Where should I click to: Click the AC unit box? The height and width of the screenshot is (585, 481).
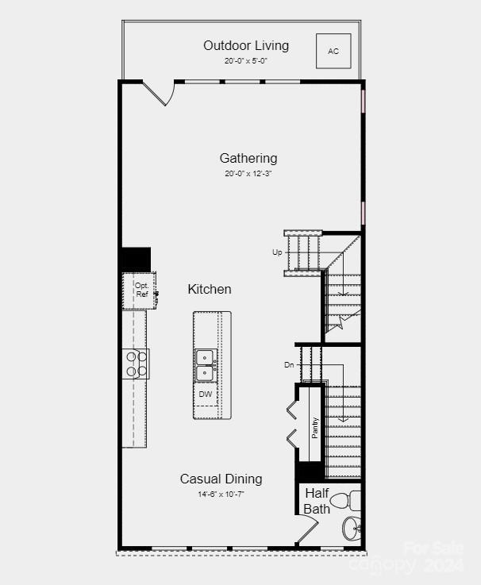coord(333,51)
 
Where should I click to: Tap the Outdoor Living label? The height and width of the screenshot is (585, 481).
coord(246,45)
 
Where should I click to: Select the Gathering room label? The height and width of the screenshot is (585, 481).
coord(248,158)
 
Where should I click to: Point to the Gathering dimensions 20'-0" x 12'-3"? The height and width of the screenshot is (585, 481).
coord(248,173)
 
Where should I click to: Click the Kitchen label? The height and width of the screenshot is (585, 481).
coord(210,289)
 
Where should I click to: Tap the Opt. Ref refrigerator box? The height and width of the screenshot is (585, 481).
coord(140,291)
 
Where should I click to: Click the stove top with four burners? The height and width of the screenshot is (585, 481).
coord(137,364)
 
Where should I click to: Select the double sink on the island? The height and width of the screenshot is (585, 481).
coord(206,364)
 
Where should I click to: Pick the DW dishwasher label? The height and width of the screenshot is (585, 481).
coord(206,394)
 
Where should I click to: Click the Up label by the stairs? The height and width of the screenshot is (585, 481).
coord(277,252)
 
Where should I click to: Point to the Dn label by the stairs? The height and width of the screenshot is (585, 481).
coord(289,365)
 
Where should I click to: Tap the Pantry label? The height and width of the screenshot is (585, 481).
coord(315,429)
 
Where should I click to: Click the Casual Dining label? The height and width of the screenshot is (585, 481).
coord(221,479)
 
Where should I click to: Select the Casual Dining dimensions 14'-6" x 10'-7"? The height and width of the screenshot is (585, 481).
coord(221,494)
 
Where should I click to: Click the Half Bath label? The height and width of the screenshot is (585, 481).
coord(317,501)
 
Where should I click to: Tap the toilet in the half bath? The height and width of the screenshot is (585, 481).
coord(343,501)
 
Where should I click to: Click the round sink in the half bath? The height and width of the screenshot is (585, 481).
coord(351,528)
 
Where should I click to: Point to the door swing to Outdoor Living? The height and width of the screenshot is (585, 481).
coord(160,94)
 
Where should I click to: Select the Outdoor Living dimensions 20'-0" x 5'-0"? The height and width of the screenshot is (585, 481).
coord(246,60)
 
